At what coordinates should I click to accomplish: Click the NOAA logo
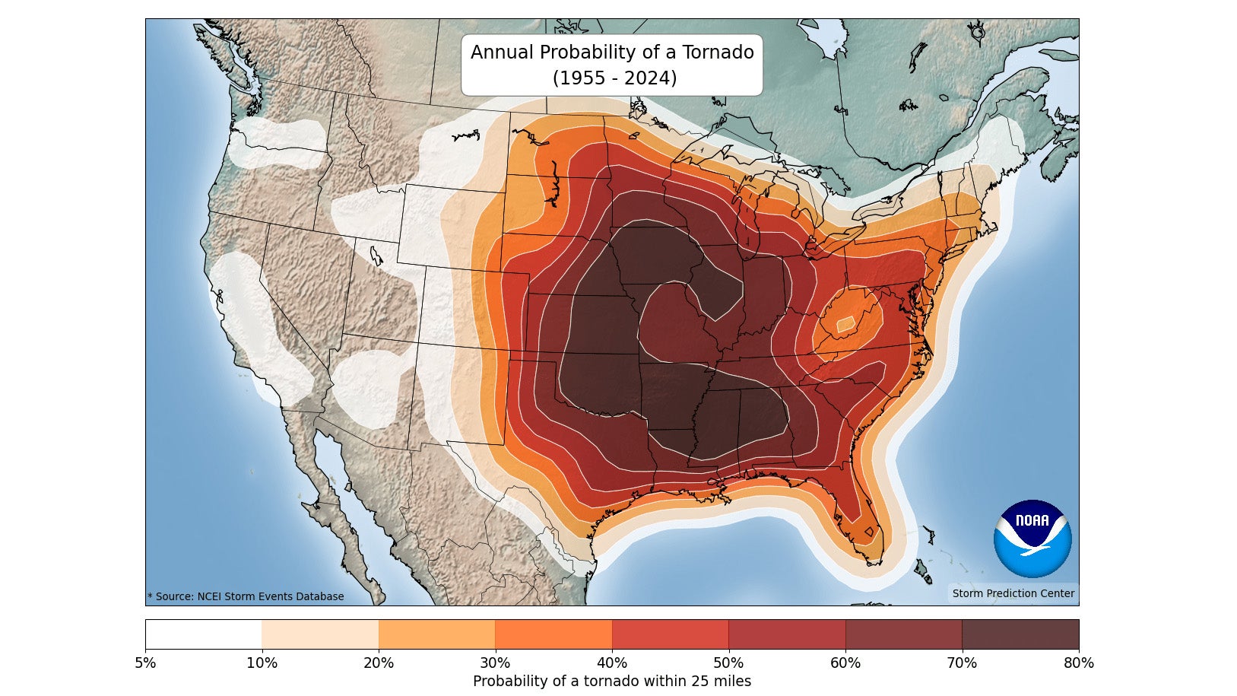pyautogui.click(x=1032, y=538)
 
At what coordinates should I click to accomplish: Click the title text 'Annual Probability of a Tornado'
pyautogui.click(x=612, y=52)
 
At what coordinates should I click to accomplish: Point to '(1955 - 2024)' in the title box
pyautogui.click(x=614, y=78)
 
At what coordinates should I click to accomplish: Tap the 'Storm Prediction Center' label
pyautogui.click(x=1013, y=593)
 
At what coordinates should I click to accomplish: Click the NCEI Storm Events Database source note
pyautogui.click(x=246, y=597)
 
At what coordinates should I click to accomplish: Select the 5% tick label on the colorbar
pyautogui.click(x=145, y=663)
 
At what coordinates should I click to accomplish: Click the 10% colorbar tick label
pyautogui.click(x=262, y=663)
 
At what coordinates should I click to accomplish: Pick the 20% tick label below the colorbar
pyautogui.click(x=379, y=663)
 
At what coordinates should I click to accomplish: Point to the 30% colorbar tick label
pyautogui.click(x=495, y=663)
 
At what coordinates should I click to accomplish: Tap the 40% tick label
pyautogui.click(x=612, y=663)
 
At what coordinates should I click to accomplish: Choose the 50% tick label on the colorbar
pyautogui.click(x=728, y=663)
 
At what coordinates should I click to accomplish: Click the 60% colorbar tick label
pyautogui.click(x=845, y=663)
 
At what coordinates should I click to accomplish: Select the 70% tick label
pyautogui.click(x=962, y=663)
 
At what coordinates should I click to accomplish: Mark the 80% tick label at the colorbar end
pyautogui.click(x=1078, y=663)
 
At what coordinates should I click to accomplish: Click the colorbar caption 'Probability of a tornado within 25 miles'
pyautogui.click(x=612, y=682)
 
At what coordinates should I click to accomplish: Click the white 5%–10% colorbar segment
pyautogui.click(x=204, y=634)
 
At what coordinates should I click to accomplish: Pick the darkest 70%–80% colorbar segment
pyautogui.click(x=1020, y=634)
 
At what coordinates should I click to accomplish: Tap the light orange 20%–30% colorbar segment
pyautogui.click(x=437, y=634)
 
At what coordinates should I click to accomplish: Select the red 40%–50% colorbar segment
pyautogui.click(x=671, y=634)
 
